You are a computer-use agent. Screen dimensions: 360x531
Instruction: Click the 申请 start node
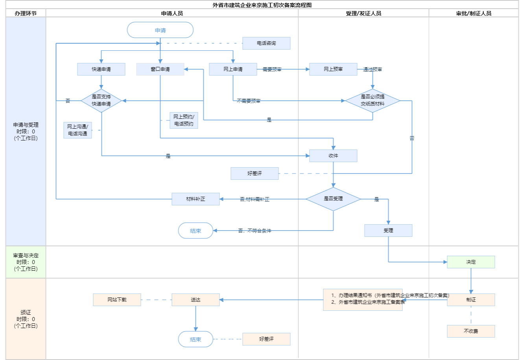[x=160, y=30]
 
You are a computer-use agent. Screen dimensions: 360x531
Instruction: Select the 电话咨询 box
[x=266, y=43]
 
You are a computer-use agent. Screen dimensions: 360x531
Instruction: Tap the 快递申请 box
[x=101, y=69]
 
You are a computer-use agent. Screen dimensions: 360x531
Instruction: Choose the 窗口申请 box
[x=160, y=69]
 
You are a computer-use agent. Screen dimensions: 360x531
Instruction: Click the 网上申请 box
[x=233, y=69]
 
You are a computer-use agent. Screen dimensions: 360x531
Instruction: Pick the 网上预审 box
[x=333, y=69]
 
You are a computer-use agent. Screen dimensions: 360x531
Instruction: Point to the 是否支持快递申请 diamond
[x=101, y=101]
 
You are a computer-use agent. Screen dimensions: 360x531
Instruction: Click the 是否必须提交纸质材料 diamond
[x=372, y=101]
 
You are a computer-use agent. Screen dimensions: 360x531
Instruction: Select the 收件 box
[x=333, y=156]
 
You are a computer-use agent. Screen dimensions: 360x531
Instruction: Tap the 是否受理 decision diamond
[x=333, y=199]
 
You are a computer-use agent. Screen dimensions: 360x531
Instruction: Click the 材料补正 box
[x=195, y=199]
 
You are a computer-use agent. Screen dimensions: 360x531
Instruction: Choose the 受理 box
[x=388, y=231]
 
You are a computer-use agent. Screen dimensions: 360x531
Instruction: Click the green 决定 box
[x=471, y=262]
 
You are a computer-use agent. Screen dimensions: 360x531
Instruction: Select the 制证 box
[x=471, y=300]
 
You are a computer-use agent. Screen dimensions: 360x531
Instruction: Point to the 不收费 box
[x=471, y=331]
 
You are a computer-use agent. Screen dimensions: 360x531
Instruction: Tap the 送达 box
[x=195, y=300]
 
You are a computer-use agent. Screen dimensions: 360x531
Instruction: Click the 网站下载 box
[x=117, y=300]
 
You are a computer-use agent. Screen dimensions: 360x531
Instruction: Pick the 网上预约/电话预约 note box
[x=184, y=120]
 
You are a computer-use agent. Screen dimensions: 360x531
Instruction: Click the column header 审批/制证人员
[x=474, y=13]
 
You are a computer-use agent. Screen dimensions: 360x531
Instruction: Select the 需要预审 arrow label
[x=272, y=70]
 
